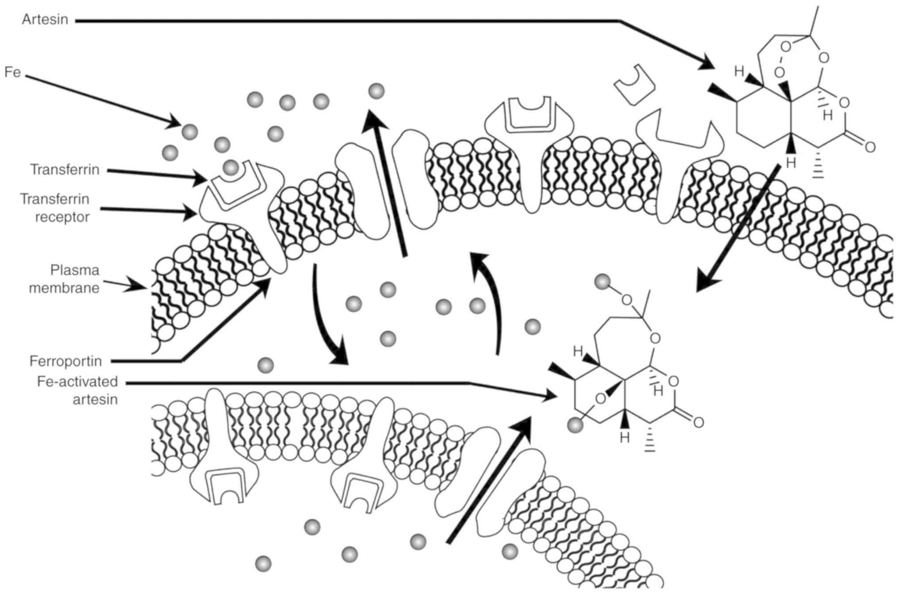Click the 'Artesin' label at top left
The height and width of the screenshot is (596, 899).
click(45, 20)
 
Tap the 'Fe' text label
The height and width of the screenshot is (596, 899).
click(12, 72)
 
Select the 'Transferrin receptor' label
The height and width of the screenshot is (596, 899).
click(55, 208)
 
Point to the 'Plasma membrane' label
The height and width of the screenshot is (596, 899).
click(64, 279)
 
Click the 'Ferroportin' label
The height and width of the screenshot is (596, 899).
click(65, 361)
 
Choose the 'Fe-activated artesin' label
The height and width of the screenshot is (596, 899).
click(77, 390)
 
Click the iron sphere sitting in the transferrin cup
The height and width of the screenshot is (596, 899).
click(231, 168)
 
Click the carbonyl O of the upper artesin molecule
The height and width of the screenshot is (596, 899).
click(870, 147)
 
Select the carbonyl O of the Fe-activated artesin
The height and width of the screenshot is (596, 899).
click(698, 422)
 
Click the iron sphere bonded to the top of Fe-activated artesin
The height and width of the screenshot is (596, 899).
click(602, 281)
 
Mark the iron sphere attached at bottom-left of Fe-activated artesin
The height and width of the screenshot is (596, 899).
click(576, 425)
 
